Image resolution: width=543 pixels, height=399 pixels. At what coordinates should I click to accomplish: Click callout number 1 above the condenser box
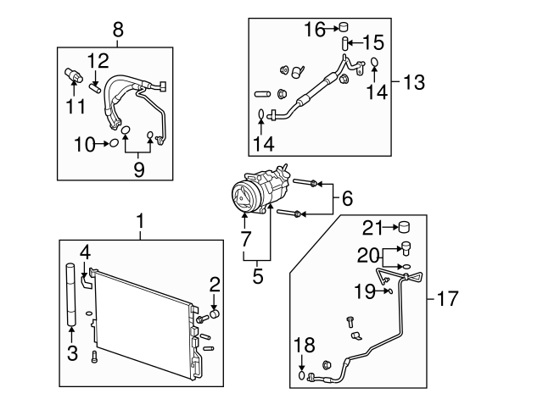click(x=142, y=222)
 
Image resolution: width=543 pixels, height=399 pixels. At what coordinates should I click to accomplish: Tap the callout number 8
click(x=118, y=32)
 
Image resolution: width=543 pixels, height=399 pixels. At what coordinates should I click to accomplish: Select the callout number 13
click(x=413, y=83)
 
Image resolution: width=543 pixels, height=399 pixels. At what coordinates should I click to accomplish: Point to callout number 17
click(x=447, y=298)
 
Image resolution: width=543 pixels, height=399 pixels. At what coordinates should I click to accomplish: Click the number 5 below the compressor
click(x=258, y=275)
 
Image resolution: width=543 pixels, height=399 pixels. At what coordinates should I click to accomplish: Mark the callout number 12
click(x=98, y=61)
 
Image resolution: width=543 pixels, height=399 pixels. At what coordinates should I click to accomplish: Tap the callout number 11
click(x=77, y=106)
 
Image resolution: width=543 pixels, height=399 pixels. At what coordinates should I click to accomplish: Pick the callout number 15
click(x=374, y=41)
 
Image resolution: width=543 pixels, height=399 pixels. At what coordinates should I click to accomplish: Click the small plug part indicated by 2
click(x=215, y=313)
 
